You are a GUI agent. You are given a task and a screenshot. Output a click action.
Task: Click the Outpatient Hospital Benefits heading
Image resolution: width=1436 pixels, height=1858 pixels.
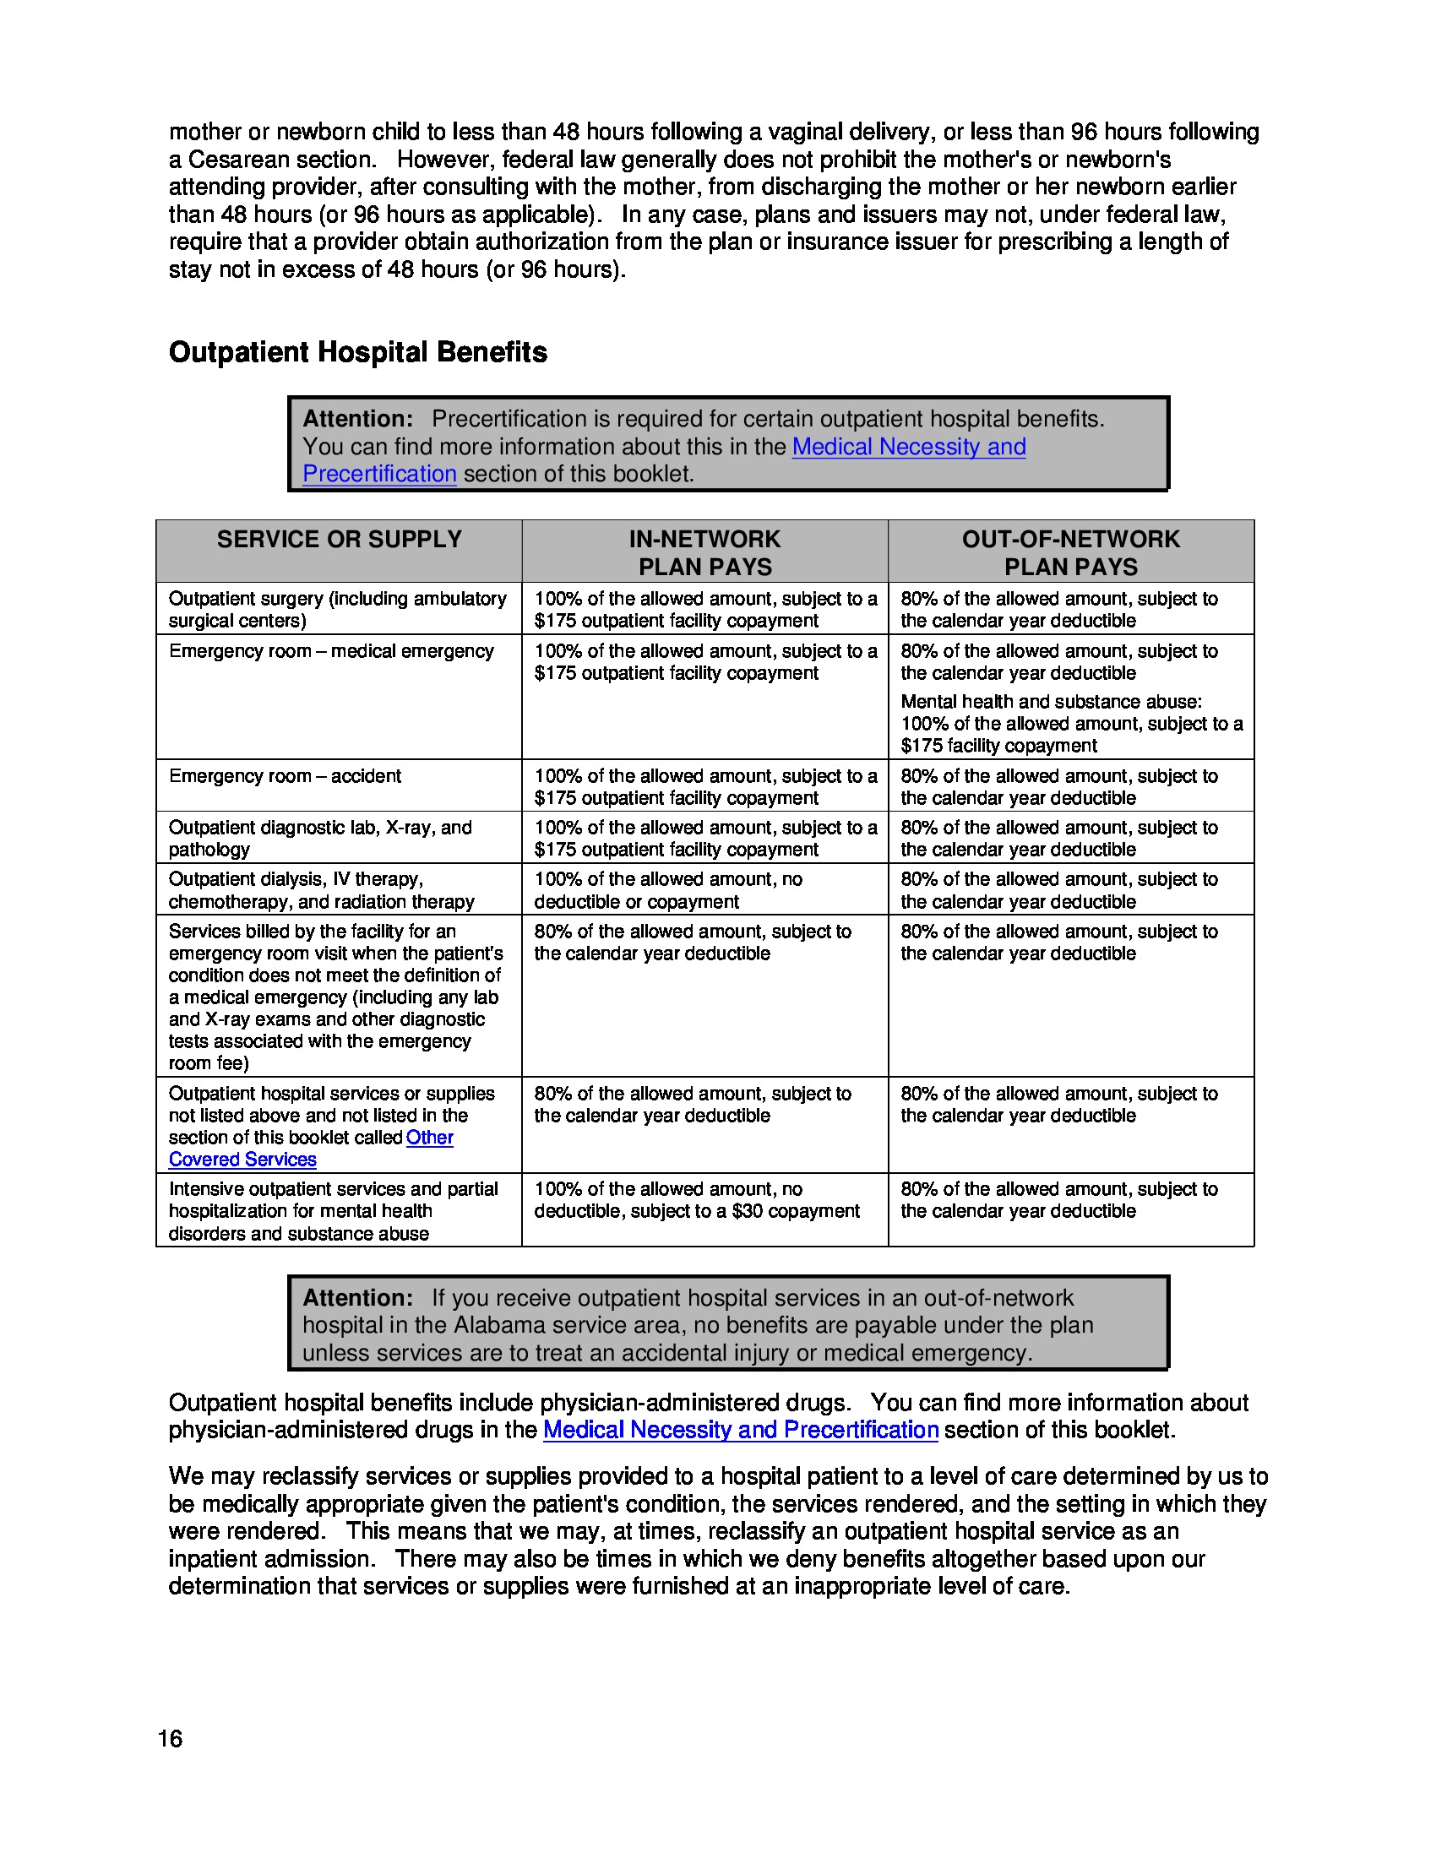(357, 352)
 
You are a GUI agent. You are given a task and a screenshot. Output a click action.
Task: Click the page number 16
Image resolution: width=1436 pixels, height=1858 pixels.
(170, 1738)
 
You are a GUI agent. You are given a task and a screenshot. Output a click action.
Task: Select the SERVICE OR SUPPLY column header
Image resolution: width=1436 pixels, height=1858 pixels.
(339, 540)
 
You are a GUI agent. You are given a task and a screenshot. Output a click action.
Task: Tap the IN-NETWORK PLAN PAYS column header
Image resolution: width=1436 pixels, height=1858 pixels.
(704, 552)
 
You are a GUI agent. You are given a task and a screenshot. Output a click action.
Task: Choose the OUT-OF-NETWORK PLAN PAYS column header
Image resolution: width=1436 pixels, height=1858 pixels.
(1070, 552)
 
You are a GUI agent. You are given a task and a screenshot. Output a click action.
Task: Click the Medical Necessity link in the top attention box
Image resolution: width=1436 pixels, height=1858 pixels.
(908, 447)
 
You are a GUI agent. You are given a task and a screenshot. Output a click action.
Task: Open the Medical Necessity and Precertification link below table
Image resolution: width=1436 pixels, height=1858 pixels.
(740, 1429)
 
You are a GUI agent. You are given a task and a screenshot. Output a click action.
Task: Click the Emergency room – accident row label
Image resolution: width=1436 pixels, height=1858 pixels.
(285, 776)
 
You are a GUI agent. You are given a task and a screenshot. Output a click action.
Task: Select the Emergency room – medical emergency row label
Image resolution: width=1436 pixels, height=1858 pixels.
(331, 651)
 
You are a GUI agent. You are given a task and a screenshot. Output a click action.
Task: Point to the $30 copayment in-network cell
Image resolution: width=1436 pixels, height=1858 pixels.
(697, 1210)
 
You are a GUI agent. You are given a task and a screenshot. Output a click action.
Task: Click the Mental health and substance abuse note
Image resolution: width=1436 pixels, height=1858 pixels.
(1051, 702)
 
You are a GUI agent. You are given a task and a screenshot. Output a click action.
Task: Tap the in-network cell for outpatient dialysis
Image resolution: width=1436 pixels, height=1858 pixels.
(668, 890)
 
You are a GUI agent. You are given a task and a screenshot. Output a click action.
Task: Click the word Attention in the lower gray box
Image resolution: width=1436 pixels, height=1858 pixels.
(357, 1297)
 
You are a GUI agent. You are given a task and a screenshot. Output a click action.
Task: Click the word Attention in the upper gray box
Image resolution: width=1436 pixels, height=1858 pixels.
(357, 419)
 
